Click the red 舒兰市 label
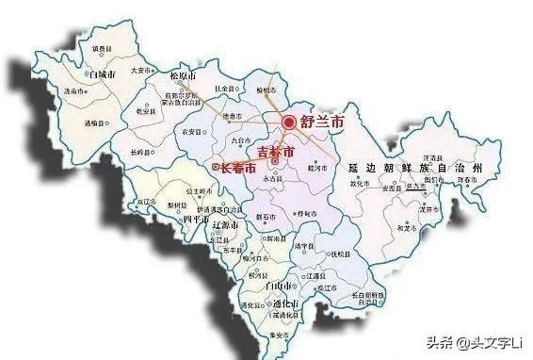322,122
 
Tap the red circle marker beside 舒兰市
288,121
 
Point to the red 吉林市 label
275,152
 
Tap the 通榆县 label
95,123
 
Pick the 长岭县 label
141,152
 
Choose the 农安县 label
192,131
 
